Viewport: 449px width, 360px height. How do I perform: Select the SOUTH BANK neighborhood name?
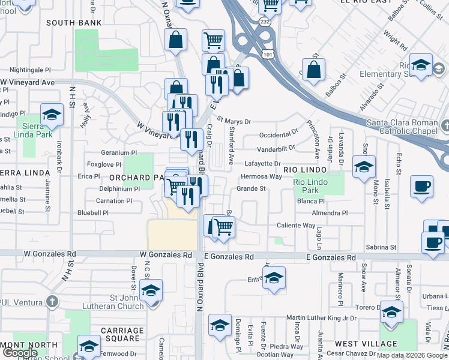tap(74, 23)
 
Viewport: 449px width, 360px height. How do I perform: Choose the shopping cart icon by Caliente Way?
tap(223, 227)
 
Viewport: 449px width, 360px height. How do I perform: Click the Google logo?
tap(20, 353)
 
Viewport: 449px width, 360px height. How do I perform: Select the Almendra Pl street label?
tap(330, 213)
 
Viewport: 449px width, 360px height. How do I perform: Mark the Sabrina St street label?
tap(381, 247)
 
